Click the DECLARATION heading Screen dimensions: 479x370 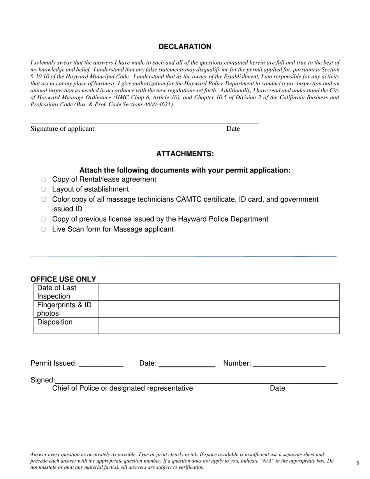click(x=185, y=47)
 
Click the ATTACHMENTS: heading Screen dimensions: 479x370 click(x=185, y=154)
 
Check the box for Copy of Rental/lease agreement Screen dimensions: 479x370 click(x=44, y=180)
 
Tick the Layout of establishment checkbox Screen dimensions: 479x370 click(x=44, y=189)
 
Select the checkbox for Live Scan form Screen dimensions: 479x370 click(x=44, y=229)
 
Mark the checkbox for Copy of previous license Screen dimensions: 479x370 click(x=44, y=219)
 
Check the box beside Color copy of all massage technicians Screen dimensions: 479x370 click(x=44, y=199)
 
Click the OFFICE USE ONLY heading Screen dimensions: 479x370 click(x=63, y=279)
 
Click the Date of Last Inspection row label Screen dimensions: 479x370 click(x=57, y=292)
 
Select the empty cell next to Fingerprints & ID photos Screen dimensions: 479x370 click(x=219, y=309)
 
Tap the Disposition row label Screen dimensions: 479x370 click(x=55, y=322)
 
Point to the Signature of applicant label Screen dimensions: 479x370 click(x=62, y=129)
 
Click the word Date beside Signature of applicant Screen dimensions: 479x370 click(x=233, y=129)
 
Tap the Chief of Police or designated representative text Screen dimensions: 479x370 click(x=122, y=388)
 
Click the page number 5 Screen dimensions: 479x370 click(x=358, y=463)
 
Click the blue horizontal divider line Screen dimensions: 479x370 click(x=183, y=257)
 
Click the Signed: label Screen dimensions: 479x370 click(x=42, y=380)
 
